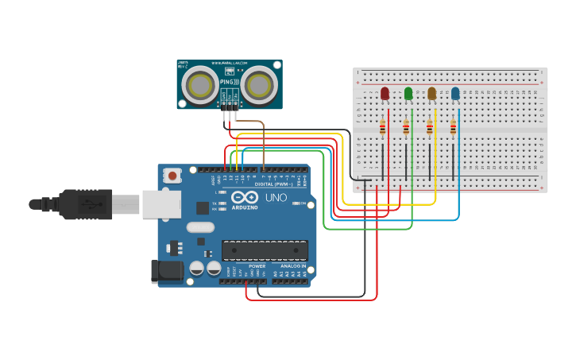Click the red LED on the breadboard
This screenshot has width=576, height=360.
(x=385, y=94)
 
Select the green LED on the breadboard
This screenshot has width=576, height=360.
(x=408, y=94)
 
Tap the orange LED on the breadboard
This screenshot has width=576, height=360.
(x=431, y=94)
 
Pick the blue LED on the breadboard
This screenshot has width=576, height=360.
(x=455, y=94)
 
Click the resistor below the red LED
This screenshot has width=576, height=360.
(x=383, y=127)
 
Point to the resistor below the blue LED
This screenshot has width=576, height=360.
(x=454, y=127)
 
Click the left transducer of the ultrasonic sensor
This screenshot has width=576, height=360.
(x=202, y=84)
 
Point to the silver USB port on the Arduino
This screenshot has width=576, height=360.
(x=162, y=203)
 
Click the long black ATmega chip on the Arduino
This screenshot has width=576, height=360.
(x=265, y=250)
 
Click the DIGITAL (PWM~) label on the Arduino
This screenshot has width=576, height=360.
(x=270, y=184)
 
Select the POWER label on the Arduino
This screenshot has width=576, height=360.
(x=257, y=266)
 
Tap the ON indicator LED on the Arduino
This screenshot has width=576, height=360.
(x=296, y=203)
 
